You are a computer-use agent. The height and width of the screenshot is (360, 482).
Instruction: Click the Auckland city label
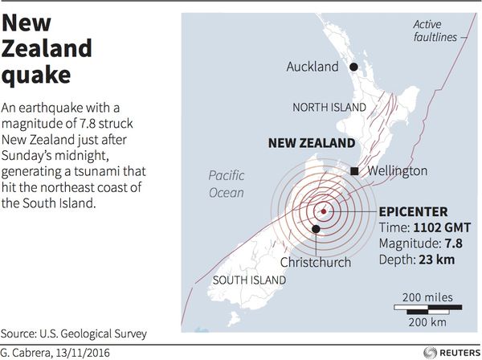point(312,67)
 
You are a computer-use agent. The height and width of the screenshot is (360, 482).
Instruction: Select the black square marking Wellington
point(353,171)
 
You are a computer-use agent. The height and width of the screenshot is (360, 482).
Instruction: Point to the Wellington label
point(397,171)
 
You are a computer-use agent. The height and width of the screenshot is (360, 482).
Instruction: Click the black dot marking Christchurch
point(316,230)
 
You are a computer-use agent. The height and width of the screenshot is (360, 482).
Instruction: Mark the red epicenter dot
point(323,212)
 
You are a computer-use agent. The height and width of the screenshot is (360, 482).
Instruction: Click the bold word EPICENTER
point(413,212)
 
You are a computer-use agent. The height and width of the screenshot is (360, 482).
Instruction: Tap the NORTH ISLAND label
point(328,107)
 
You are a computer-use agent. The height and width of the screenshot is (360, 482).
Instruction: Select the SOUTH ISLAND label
point(250,280)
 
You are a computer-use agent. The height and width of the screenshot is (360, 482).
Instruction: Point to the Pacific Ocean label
point(226,184)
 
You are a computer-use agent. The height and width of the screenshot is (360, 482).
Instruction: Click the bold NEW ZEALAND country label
point(310,144)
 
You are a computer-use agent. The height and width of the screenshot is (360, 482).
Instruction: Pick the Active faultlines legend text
point(435,30)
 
